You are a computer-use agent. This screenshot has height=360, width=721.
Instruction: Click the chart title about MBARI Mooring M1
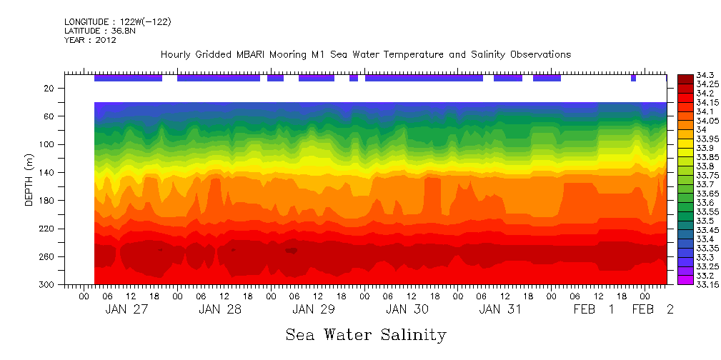[x=365, y=55]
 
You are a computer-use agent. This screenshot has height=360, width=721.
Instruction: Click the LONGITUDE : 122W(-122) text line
[x=117, y=22]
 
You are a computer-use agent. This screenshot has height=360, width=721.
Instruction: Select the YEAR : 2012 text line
[x=90, y=41]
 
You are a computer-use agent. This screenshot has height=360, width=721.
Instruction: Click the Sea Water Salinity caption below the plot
[x=365, y=335]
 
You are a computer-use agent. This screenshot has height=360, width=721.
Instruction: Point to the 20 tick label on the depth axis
[x=50, y=89]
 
